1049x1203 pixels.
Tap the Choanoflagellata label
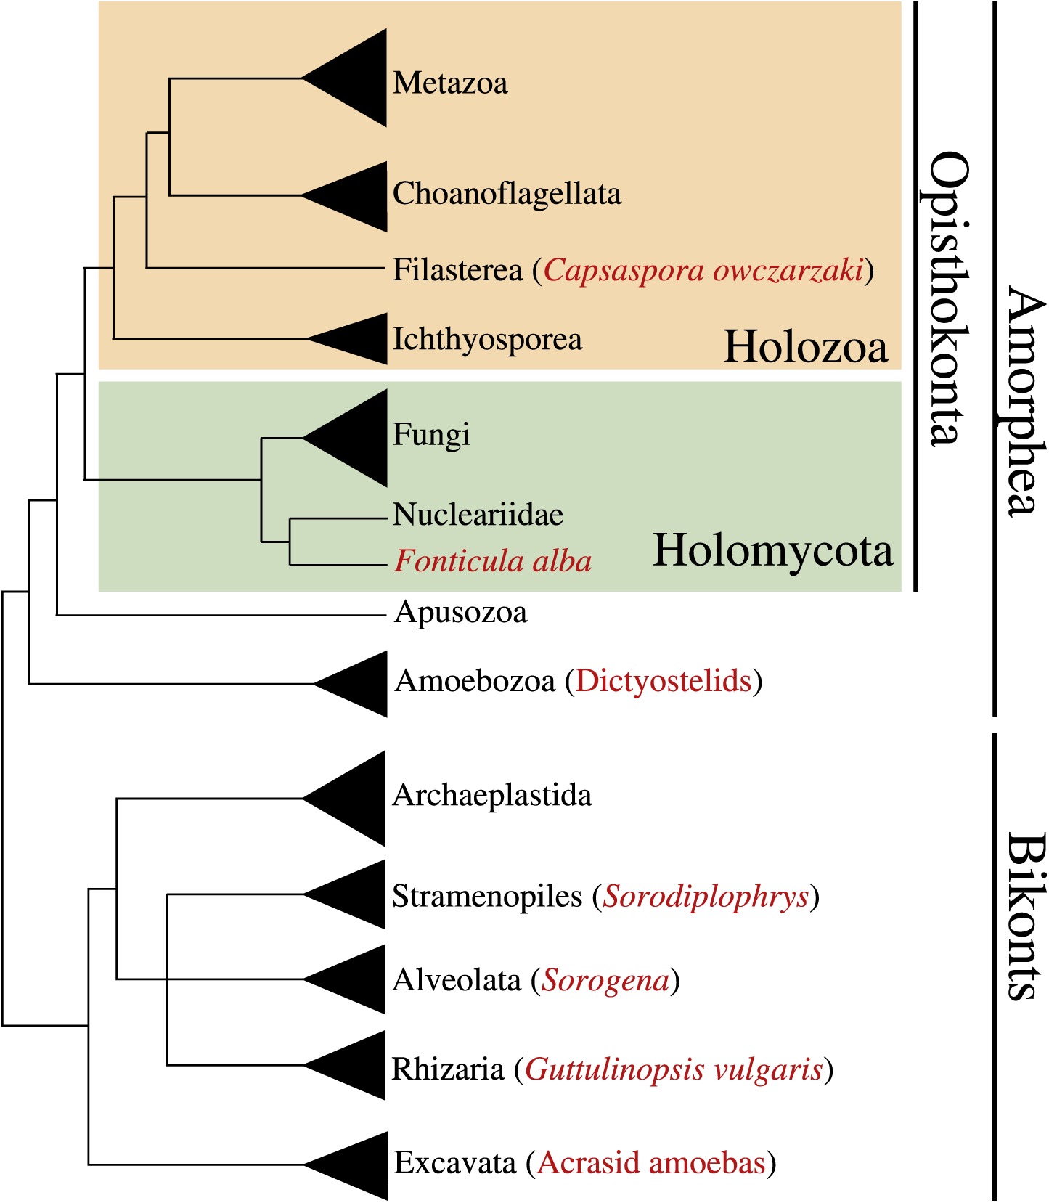point(507,194)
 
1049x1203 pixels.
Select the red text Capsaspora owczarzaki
point(703,270)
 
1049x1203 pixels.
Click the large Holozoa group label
point(806,346)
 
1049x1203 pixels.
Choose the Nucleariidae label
point(478,515)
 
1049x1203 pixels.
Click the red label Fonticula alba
point(493,561)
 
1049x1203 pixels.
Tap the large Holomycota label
point(772,550)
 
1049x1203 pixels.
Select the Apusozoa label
point(460,613)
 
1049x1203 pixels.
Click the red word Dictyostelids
point(663,681)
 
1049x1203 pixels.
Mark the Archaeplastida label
point(491,796)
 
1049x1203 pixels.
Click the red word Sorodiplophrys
point(706,897)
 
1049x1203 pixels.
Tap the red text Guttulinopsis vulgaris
point(674,1069)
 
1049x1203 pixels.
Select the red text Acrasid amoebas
point(651,1163)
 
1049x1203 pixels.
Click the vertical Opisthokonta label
point(947,298)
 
